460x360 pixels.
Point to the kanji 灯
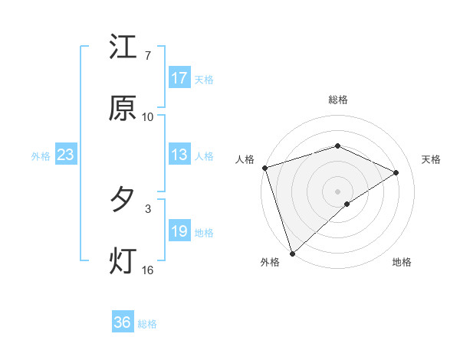click(123, 260)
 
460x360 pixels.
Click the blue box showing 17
click(179, 78)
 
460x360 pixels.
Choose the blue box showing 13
click(179, 155)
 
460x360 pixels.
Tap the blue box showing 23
click(66, 155)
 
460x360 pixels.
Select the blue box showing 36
click(123, 322)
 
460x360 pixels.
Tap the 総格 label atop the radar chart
click(338, 100)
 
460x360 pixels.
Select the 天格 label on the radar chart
click(432, 159)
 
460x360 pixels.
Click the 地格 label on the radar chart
click(402, 262)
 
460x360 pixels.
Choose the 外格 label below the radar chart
click(270, 262)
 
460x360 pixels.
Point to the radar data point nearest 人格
click(264, 168)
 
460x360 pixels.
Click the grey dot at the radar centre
click(338, 191)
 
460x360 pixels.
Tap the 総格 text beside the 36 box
click(148, 324)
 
